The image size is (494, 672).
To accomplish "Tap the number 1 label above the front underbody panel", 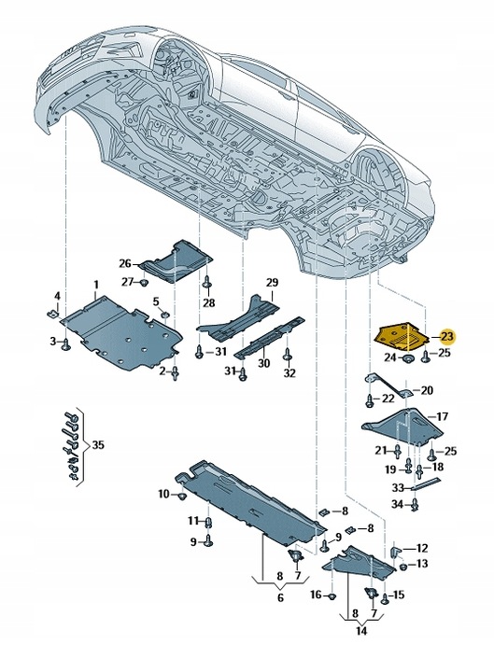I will click(93, 284).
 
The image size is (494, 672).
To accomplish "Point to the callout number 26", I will click(126, 263).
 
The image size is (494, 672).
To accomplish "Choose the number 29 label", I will click(272, 282).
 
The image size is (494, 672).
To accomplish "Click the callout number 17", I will click(443, 416).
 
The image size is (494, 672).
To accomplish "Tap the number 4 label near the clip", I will click(56, 297).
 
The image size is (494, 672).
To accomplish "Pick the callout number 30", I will click(263, 363).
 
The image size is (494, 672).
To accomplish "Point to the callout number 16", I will click(316, 595).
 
